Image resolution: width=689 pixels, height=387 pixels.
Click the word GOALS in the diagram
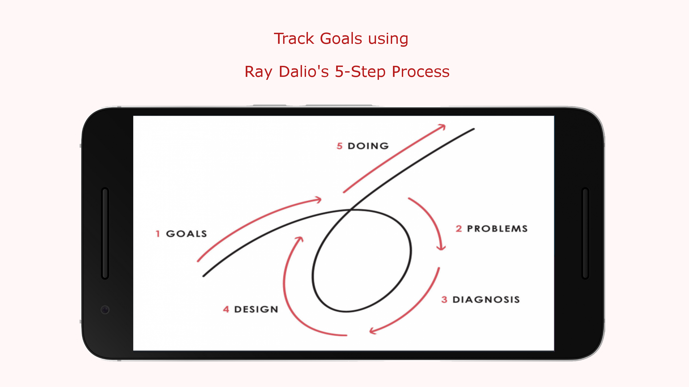[x=186, y=234]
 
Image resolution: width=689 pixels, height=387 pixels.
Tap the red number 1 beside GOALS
[x=158, y=234]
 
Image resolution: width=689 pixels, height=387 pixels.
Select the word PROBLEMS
[x=497, y=229]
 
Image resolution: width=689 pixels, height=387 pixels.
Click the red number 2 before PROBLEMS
[x=459, y=229]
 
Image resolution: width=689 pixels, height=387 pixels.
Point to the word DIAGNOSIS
[x=486, y=299]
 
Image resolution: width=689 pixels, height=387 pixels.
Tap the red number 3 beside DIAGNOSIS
[x=444, y=299]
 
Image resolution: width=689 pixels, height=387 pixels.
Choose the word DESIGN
[x=256, y=309]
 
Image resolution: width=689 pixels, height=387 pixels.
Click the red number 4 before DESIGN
[x=226, y=309]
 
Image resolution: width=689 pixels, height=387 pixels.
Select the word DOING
[x=368, y=146]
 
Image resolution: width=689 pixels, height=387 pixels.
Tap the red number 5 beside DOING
[x=339, y=146]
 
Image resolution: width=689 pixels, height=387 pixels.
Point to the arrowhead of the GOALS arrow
[x=319, y=200]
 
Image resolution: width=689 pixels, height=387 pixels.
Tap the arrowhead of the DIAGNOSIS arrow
[x=372, y=331]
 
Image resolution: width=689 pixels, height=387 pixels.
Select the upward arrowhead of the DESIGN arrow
[x=300, y=239]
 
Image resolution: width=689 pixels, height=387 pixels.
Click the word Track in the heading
[x=294, y=38]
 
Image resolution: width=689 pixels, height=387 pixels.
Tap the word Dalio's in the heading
[x=304, y=71]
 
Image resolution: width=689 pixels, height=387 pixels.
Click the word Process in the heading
[x=420, y=71]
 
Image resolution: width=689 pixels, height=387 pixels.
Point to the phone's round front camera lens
[x=105, y=310]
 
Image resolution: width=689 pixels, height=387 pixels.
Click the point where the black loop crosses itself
[x=351, y=210]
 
